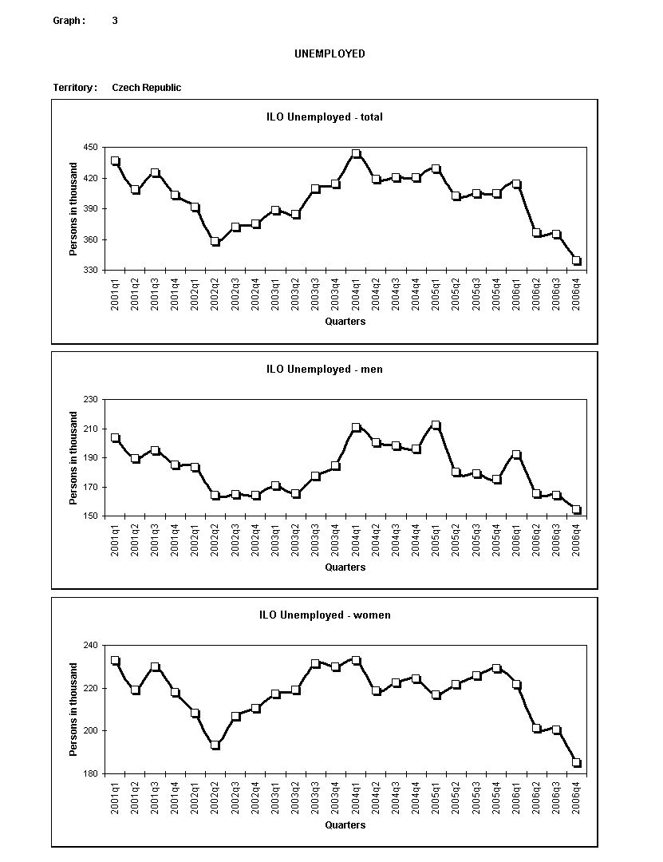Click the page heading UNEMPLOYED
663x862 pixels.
click(330, 54)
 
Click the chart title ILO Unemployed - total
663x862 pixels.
click(325, 117)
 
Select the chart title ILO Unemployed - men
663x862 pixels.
click(325, 370)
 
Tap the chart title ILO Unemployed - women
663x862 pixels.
click(325, 615)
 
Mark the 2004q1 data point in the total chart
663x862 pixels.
click(356, 154)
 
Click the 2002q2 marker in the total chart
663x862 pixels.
click(215, 241)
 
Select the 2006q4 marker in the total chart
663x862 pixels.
click(577, 261)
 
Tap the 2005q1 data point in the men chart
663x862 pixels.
click(436, 425)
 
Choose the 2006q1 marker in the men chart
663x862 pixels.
click(516, 455)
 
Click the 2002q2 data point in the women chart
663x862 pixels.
click(215, 745)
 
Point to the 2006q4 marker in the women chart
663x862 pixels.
click(577, 763)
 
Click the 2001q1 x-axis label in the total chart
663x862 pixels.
click(116, 295)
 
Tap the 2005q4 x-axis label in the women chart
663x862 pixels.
click(496, 798)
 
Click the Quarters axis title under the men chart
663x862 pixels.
click(345, 567)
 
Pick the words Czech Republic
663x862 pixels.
click(146, 88)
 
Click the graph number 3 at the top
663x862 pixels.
click(115, 21)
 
